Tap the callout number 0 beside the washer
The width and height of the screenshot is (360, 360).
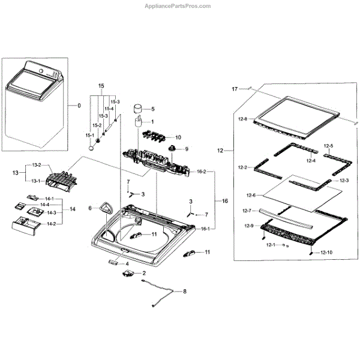[x=78, y=106]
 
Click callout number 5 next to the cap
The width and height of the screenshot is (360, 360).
[x=152, y=109]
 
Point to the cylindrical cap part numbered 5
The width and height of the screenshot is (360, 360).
[x=139, y=109]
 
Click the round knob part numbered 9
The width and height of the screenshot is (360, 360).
[x=173, y=148]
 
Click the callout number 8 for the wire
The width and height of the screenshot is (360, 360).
[x=184, y=292]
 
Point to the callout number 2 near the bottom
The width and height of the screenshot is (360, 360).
[x=143, y=273]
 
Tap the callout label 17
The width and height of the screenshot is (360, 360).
[x=235, y=89]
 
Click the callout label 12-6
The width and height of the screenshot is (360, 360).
[x=251, y=195]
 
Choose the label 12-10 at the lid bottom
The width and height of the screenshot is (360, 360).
[x=326, y=253]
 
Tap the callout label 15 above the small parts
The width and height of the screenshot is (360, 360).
[x=101, y=86]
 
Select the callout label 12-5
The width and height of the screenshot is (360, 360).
[x=328, y=146]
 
